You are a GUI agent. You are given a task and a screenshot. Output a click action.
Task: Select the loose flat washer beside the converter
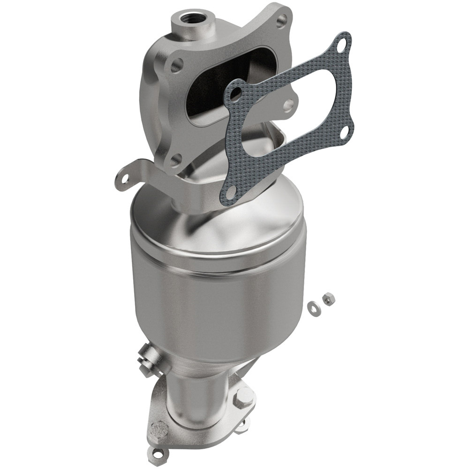pyautogui.click(x=312, y=306)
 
